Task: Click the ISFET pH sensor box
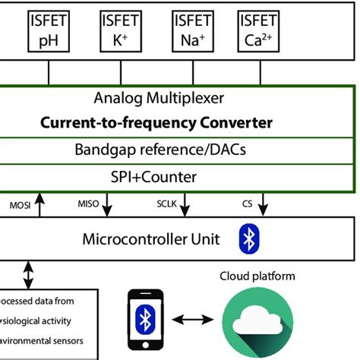tap(49, 31)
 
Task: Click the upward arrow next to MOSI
tap(40, 204)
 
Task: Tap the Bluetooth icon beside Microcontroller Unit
tap(247, 239)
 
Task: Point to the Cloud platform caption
tap(257, 276)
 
